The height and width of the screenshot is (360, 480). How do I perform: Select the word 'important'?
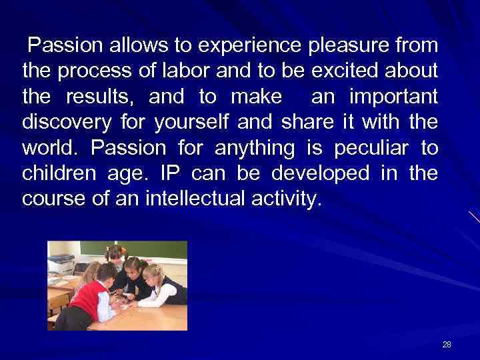(394, 97)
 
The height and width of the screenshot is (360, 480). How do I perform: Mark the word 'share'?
(307, 123)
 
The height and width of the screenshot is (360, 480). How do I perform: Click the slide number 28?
(446, 344)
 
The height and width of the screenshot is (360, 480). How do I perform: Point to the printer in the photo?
(61, 264)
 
